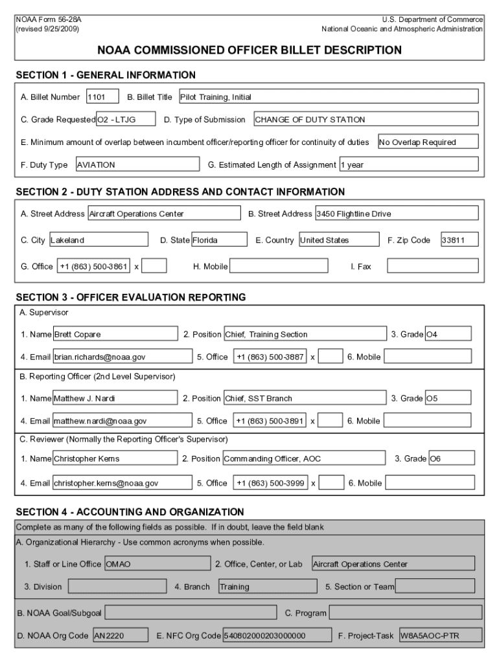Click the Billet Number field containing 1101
[102, 97]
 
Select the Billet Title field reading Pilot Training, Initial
[328, 97]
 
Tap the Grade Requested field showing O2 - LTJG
[126, 120]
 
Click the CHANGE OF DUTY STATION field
[366, 120]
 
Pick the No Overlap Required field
[428, 142]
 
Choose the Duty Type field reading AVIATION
[137, 165]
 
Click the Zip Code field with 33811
[459, 240]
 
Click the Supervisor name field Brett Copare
[115, 335]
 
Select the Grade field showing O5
[448, 399]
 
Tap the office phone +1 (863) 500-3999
[271, 483]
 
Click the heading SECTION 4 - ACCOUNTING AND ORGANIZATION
[130, 512]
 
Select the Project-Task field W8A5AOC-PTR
[440, 636]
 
